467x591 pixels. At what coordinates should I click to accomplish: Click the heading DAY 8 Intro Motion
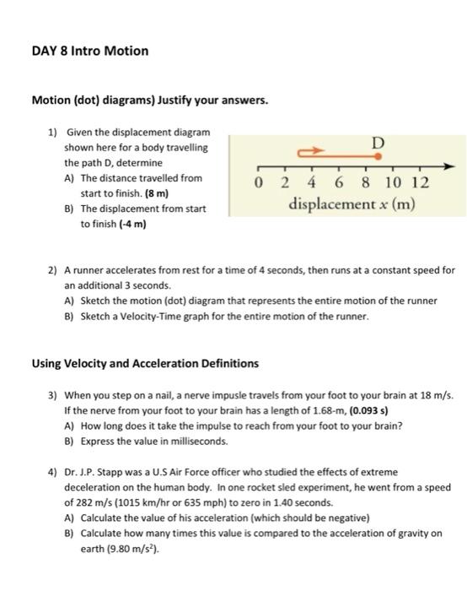click(89, 51)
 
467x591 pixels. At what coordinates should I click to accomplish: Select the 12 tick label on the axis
click(422, 183)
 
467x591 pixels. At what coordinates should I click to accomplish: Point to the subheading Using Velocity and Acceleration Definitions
click(145, 364)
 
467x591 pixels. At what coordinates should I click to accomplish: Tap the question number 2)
click(53, 271)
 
